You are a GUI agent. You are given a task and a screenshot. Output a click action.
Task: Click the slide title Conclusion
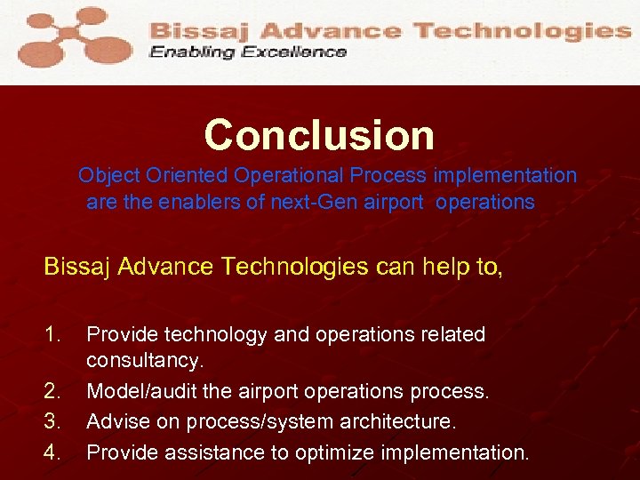coord(319,135)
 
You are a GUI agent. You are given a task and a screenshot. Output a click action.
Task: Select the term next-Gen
coord(302,203)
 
